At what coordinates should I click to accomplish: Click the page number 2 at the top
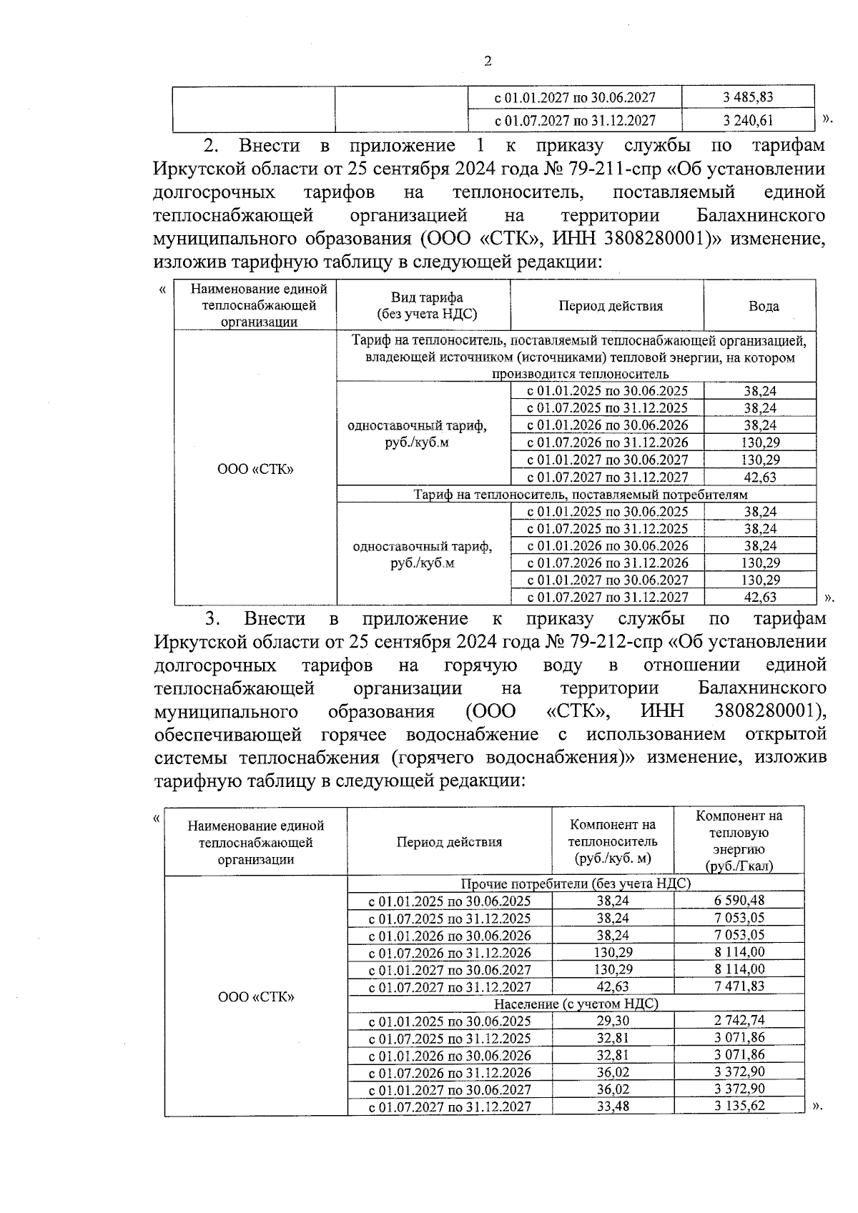click(x=488, y=61)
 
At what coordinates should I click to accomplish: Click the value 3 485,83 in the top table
click(x=748, y=97)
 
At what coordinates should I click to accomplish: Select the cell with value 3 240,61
click(x=748, y=121)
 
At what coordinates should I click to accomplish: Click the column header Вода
click(x=763, y=306)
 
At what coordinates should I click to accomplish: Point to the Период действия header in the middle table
click(x=610, y=306)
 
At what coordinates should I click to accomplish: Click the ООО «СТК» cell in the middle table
click(x=255, y=469)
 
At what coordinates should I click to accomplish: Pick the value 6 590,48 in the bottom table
click(x=739, y=901)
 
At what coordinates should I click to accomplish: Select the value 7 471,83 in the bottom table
click(x=739, y=986)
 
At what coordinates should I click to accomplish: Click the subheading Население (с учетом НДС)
click(x=576, y=1004)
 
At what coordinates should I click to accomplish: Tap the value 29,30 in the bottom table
click(x=613, y=1021)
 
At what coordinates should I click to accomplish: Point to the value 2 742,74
click(x=739, y=1021)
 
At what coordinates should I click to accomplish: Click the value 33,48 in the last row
click(x=613, y=1106)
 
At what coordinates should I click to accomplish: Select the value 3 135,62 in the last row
click(x=739, y=1106)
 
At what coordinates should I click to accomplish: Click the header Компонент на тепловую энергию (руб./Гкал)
click(x=739, y=841)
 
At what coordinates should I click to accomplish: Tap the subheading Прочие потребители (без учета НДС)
click(x=576, y=883)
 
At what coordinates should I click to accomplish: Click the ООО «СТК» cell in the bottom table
click(x=255, y=996)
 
